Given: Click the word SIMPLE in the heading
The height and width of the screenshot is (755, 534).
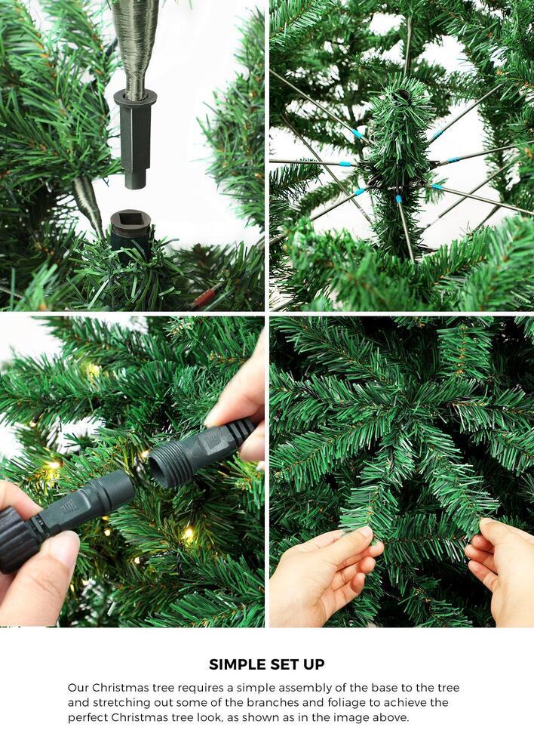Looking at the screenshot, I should click(x=236, y=665).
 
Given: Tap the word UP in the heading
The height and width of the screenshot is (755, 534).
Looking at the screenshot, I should click(x=313, y=665).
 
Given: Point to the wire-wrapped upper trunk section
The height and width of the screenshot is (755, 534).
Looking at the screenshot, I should click(x=136, y=42).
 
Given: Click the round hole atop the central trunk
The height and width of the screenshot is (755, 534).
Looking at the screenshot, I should click(x=403, y=96).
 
